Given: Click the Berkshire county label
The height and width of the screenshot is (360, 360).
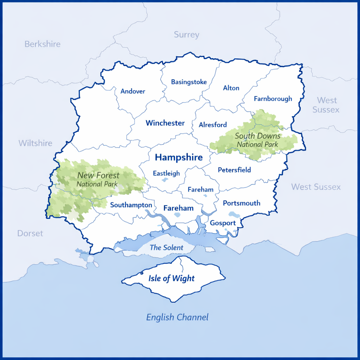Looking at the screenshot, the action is [x=43, y=44].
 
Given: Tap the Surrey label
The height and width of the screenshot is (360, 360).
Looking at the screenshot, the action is [x=186, y=34].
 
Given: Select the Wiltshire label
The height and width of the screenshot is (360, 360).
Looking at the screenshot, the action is [x=35, y=143].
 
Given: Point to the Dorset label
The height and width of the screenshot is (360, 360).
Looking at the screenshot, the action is [x=30, y=233].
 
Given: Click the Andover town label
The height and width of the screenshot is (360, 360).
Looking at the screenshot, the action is [x=133, y=91].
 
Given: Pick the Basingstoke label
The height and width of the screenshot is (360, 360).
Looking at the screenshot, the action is [x=189, y=82].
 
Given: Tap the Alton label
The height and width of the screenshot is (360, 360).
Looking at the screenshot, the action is [x=231, y=88].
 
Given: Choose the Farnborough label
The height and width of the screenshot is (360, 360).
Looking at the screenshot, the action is [x=273, y=99].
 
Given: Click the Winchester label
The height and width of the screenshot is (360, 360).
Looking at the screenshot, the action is [x=165, y=123].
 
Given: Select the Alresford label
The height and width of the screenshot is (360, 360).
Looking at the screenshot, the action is [x=213, y=125].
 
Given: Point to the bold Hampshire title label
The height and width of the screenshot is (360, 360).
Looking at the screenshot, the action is [x=179, y=157].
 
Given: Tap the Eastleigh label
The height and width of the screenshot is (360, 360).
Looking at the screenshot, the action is [x=166, y=173].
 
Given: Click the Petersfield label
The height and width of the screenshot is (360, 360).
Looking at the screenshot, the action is [x=234, y=170].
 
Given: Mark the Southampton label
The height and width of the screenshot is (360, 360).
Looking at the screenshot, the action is [x=131, y=205].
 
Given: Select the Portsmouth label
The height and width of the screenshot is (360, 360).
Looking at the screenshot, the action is [x=242, y=203].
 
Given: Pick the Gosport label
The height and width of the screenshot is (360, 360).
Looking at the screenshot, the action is [x=223, y=223].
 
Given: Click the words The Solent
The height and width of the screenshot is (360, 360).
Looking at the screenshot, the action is [x=166, y=247].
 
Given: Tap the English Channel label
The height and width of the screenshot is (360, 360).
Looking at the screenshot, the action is [x=177, y=317].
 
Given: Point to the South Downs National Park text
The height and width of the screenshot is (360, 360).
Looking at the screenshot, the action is [x=257, y=140].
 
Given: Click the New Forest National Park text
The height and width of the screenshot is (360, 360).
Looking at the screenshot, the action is [x=98, y=179].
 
